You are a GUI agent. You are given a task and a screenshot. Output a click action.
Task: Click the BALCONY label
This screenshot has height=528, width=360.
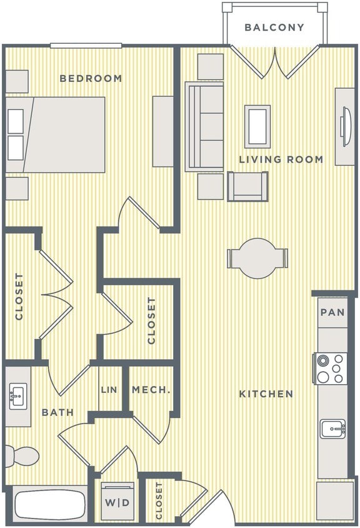(x=274, y=28)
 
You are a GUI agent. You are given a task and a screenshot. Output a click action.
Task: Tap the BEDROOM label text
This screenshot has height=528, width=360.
(x=91, y=78)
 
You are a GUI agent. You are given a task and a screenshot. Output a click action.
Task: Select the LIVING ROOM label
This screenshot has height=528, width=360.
(x=281, y=160)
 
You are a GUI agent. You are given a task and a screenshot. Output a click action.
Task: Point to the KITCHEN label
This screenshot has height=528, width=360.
(x=266, y=394)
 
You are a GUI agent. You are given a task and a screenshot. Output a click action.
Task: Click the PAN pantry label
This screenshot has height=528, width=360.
(x=332, y=313)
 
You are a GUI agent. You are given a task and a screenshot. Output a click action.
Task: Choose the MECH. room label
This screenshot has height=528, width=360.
(x=151, y=390)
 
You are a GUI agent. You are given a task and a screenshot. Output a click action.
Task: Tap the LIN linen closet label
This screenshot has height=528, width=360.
(x=109, y=390)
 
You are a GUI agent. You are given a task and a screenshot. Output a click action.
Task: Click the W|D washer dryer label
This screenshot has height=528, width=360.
(x=117, y=502)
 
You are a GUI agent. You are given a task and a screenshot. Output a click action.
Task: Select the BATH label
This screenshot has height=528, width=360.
(x=57, y=412)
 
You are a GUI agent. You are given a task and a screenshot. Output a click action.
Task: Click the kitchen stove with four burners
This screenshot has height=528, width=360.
(x=331, y=368)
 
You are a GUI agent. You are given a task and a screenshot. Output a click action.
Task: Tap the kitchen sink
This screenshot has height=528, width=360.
(x=332, y=429)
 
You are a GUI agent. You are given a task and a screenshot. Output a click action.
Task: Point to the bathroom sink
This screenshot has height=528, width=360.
(x=17, y=397)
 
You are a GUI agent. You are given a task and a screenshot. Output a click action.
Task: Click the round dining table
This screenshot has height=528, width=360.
(x=257, y=258)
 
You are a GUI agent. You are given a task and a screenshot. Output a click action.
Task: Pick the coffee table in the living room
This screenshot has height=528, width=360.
(x=257, y=126)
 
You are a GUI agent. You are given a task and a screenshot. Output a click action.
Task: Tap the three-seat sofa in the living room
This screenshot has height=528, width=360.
(x=204, y=126)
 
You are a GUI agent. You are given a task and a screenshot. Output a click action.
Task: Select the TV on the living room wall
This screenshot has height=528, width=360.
(x=345, y=126)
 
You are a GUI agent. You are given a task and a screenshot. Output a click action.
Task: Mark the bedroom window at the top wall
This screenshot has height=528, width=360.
(x=86, y=45)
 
